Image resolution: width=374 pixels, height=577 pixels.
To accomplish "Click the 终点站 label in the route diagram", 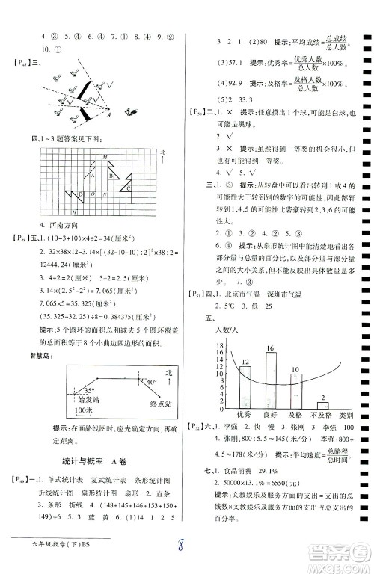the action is pos(161,404).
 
